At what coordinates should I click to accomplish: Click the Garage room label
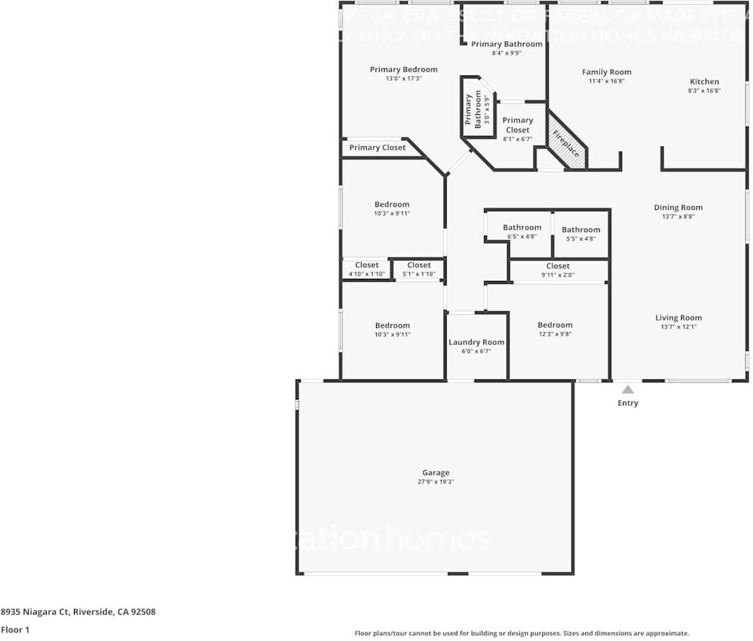pyautogui.click(x=436, y=473)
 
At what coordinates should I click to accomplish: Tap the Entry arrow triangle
pyautogui.click(x=628, y=389)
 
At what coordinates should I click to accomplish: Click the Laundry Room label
pyautogui.click(x=477, y=342)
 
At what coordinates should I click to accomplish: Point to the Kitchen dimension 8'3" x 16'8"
pyautogui.click(x=704, y=91)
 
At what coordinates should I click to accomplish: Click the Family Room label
pyautogui.click(x=606, y=72)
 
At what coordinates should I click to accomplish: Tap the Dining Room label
pyautogui.click(x=678, y=208)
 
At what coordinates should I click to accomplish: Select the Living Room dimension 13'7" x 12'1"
pyautogui.click(x=678, y=327)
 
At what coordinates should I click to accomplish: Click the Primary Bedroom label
pyautogui.click(x=403, y=70)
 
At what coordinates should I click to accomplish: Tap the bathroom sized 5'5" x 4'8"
pyautogui.click(x=581, y=234)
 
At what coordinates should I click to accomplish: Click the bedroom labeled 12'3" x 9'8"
pyautogui.click(x=555, y=329)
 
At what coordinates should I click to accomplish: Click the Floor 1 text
pyautogui.click(x=15, y=630)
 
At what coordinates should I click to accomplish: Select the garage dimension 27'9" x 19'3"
pyautogui.click(x=436, y=482)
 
